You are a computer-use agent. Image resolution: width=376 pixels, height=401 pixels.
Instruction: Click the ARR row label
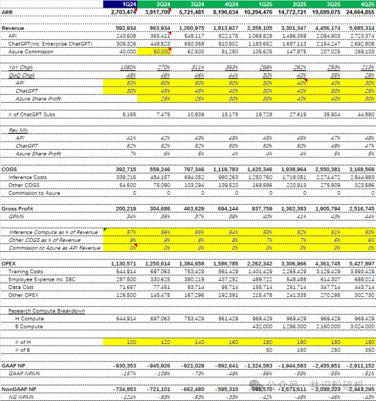pyautogui.click(x=7, y=11)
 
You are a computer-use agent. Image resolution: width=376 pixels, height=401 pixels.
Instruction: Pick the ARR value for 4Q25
pyautogui.click(x=358, y=11)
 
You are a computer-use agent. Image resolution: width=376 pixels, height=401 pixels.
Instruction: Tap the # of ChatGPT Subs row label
pyautogui.click(x=31, y=115)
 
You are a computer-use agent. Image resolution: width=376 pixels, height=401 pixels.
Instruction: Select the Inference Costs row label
pyautogui.click(x=28, y=177)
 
